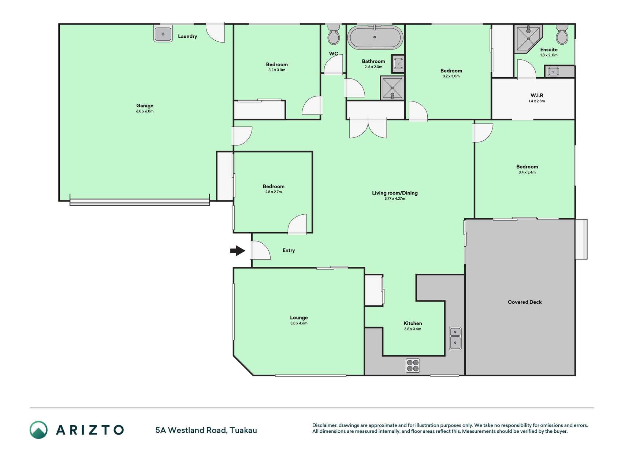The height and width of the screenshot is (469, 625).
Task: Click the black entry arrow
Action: click(238, 251)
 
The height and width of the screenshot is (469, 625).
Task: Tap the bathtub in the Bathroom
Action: click(375, 37)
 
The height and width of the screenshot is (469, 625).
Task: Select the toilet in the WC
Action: click(334, 34)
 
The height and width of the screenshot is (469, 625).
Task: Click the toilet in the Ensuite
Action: click(562, 34)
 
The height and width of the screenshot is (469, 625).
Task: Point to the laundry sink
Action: click(163, 34)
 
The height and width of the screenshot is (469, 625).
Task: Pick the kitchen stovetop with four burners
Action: click(413, 365)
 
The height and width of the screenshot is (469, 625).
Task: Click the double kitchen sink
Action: click(455, 338)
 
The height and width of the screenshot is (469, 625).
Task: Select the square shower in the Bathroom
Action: click(392, 88)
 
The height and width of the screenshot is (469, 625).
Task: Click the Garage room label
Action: click(145, 106)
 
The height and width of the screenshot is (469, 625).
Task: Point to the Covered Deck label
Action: click(525, 302)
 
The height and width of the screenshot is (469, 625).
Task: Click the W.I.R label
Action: click(537, 95)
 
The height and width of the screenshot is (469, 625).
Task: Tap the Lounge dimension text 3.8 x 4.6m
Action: click(299, 323)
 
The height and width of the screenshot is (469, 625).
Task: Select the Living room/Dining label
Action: click(395, 193)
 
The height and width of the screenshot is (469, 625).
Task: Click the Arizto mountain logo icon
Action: click(38, 430)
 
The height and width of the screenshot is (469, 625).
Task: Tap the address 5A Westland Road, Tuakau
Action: click(206, 430)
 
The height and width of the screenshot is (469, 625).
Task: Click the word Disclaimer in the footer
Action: click(324, 425)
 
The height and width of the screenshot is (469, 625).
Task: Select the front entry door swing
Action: click(260, 250)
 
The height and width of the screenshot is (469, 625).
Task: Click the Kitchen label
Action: click(413, 323)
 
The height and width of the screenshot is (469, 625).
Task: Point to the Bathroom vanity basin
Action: click(398, 64)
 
